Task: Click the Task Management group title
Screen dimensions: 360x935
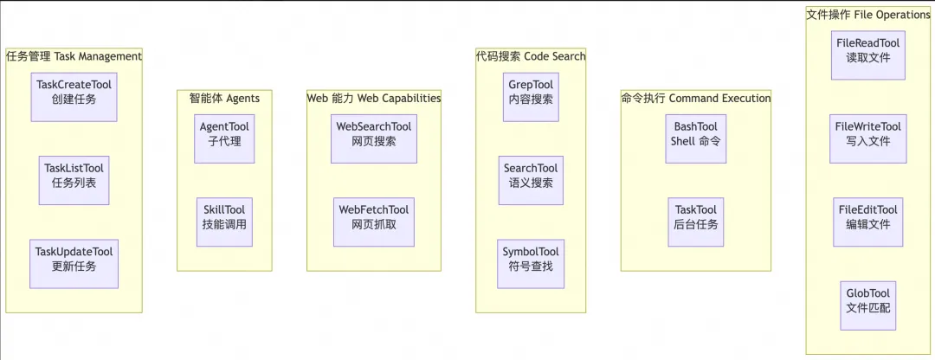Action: [x=74, y=56]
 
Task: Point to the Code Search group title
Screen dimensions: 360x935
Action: [x=531, y=56]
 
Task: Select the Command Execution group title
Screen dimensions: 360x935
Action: [x=696, y=98]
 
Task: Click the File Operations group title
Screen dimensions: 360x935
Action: [x=868, y=15]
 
